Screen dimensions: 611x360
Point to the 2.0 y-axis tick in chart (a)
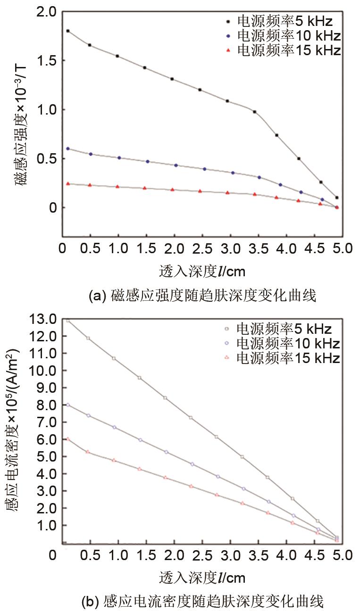(45, 11)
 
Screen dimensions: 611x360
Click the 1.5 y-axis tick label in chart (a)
(45, 61)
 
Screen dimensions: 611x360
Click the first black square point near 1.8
(68, 31)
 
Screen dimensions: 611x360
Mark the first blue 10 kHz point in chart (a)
(68, 149)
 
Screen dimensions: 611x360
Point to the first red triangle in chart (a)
(68, 183)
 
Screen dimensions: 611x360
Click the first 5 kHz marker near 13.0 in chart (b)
(68, 321)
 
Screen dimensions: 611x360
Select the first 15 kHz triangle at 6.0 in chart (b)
(68, 439)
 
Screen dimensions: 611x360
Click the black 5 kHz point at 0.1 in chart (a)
(336, 198)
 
